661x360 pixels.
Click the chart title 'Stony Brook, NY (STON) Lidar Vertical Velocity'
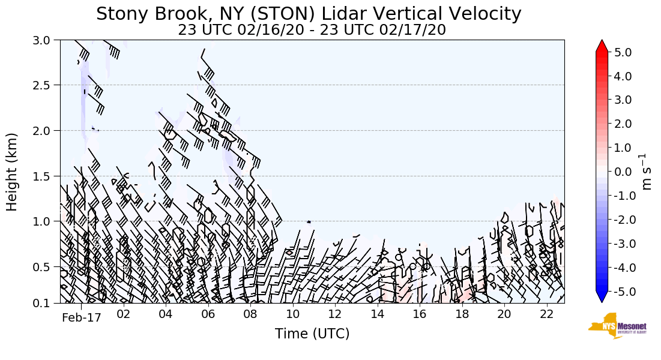click(x=309, y=13)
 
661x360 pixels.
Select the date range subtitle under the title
click(x=312, y=30)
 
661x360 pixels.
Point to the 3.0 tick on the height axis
click(x=46, y=40)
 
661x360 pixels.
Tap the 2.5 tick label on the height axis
click(x=46, y=85)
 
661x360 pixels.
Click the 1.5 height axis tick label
click(x=46, y=176)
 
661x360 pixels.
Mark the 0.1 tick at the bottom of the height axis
click(x=46, y=303)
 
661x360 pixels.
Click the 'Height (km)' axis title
click(x=12, y=172)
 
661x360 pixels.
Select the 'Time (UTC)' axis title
click(x=312, y=334)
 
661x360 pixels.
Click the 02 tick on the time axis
click(x=124, y=314)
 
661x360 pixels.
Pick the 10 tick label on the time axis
click(x=293, y=314)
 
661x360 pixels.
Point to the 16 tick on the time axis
click(x=420, y=314)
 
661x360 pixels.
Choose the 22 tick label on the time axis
click(x=546, y=314)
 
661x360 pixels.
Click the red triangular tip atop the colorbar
click(x=602, y=46)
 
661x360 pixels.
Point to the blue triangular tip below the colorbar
click(x=602, y=298)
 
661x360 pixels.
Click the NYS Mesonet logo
click(x=617, y=326)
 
